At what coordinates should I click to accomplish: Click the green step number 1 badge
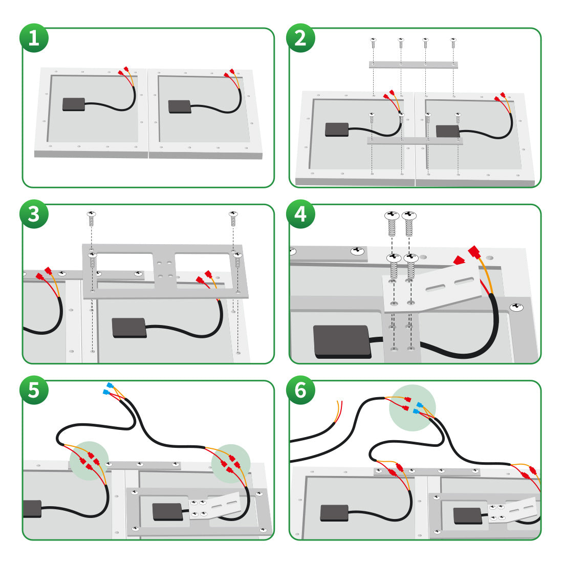click(x=34, y=38)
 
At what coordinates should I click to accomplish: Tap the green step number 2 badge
click(x=300, y=38)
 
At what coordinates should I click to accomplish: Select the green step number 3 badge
click(x=34, y=214)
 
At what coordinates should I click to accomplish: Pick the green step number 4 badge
click(x=300, y=214)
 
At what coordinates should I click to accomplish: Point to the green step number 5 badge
click(x=34, y=390)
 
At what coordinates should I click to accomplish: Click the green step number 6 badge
click(x=300, y=390)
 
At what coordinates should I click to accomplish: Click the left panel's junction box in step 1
click(x=74, y=104)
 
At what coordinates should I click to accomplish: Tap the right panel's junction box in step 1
click(x=180, y=106)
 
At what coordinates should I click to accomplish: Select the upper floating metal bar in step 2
click(x=413, y=65)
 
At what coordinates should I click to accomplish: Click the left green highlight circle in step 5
click(x=90, y=460)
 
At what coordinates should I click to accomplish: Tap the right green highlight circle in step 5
click(x=231, y=464)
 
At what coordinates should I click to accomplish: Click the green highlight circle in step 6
click(x=412, y=407)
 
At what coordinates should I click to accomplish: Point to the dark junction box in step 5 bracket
click(x=168, y=511)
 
